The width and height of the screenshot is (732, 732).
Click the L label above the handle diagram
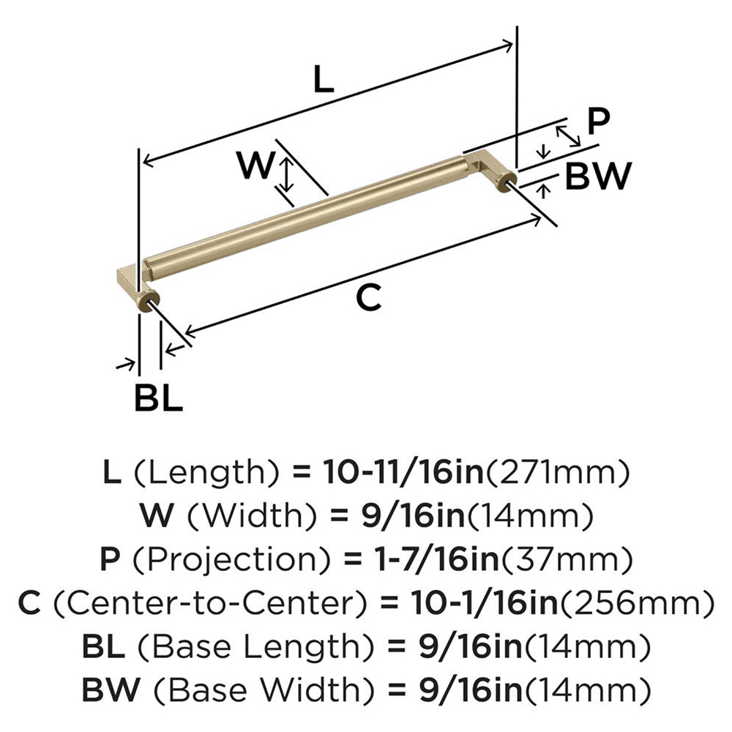coord(324,79)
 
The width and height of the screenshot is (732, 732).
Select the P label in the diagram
coord(598,122)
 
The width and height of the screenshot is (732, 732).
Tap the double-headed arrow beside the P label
coord(569,135)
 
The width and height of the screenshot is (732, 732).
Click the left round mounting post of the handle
coord(151,302)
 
